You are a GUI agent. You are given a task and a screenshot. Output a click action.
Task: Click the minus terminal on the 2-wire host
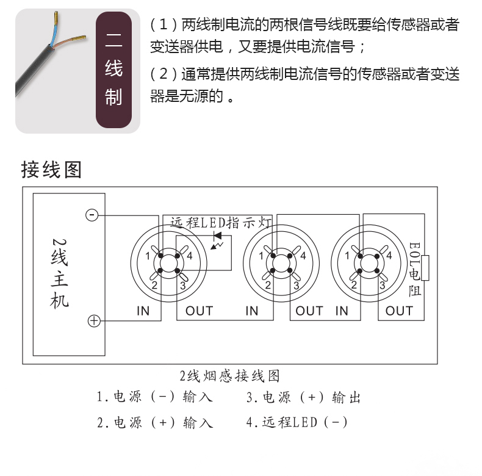pos(92,215)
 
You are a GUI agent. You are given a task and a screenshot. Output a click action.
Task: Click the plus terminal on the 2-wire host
pos(94,321)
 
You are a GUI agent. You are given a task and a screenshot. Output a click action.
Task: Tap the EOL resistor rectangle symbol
pos(425,267)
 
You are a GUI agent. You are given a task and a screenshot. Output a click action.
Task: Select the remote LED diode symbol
pos(217,236)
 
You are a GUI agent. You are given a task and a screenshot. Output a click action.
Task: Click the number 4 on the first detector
pos(189,256)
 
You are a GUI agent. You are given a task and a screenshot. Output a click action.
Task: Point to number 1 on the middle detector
pos(261,256)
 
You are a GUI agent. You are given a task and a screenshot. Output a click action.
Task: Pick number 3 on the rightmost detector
pos(382,286)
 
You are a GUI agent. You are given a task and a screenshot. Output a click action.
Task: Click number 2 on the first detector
pos(154,286)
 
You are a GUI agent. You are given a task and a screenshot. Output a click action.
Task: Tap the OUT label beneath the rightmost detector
pos(399,311)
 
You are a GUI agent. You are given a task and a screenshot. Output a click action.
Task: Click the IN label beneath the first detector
pos(143,311)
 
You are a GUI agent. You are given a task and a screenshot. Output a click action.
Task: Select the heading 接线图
pos(51,170)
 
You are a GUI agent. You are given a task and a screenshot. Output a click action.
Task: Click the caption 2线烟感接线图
pos(229,376)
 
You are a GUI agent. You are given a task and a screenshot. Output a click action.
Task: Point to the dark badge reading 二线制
pos(113,70)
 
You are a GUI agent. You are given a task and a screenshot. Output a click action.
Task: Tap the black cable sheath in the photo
pos(34,71)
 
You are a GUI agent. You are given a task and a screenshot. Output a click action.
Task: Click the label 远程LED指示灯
pos(221,223)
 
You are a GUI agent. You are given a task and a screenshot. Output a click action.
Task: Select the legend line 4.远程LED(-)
pos(297,422)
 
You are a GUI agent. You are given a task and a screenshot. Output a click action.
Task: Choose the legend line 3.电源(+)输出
pos(303,397)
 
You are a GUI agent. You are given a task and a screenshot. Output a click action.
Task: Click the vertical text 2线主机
pos(59,273)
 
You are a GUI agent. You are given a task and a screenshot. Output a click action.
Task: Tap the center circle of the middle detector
pos(281,264)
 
